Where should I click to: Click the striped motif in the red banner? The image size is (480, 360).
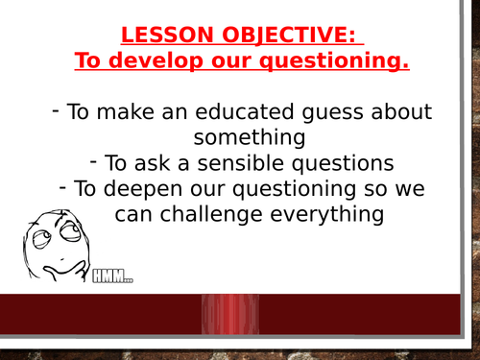pyautogui.click(x=230, y=314)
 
